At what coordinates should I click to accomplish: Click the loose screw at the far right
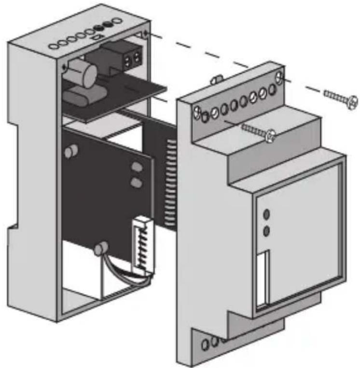(x=340, y=99)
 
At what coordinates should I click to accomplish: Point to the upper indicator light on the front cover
(x=266, y=214)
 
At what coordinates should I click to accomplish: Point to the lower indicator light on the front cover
(x=266, y=231)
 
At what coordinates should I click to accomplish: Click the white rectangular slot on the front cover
(x=263, y=278)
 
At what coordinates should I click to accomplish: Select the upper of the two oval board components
(x=137, y=168)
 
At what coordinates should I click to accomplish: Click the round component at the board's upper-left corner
(x=71, y=152)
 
